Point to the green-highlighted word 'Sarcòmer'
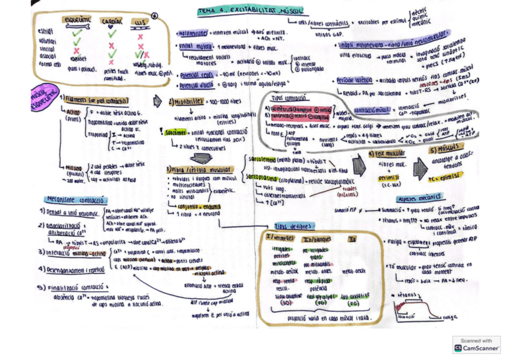(177, 132)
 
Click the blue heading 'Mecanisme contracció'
(75, 199)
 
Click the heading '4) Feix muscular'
(386, 154)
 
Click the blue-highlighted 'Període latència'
(354, 80)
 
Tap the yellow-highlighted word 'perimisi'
(388, 178)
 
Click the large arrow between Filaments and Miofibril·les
(158, 100)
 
